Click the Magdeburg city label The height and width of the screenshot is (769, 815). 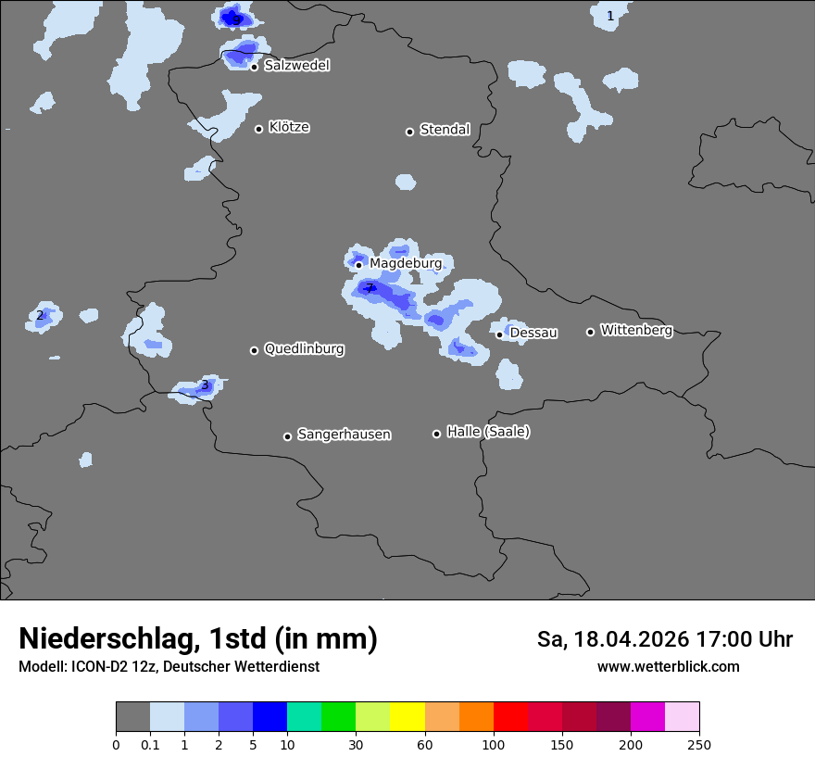coord(406,264)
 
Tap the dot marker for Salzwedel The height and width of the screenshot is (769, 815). coord(254,67)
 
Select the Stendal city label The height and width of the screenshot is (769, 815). coord(445,130)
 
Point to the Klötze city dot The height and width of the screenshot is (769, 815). coord(259,129)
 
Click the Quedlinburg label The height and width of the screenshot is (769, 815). coord(304,349)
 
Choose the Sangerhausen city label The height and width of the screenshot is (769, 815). coord(344,435)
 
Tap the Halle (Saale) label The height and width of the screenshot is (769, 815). coord(488,432)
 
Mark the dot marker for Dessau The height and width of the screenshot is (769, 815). coord(499,334)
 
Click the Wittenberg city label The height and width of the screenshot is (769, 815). coord(636,330)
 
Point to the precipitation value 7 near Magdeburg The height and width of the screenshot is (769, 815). coord(370,288)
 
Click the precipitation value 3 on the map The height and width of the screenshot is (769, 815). coord(205,384)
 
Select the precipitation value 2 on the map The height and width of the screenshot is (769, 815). coord(40,315)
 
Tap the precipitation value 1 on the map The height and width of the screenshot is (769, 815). coord(610,16)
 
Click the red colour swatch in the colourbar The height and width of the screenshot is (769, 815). coord(510,717)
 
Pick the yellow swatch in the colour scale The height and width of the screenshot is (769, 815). coord(407,717)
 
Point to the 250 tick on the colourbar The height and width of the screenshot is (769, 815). coord(699,744)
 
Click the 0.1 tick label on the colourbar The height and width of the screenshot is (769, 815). coord(150,744)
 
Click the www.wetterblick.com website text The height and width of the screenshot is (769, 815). coord(668,666)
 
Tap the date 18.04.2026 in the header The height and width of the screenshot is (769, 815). coord(631,639)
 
